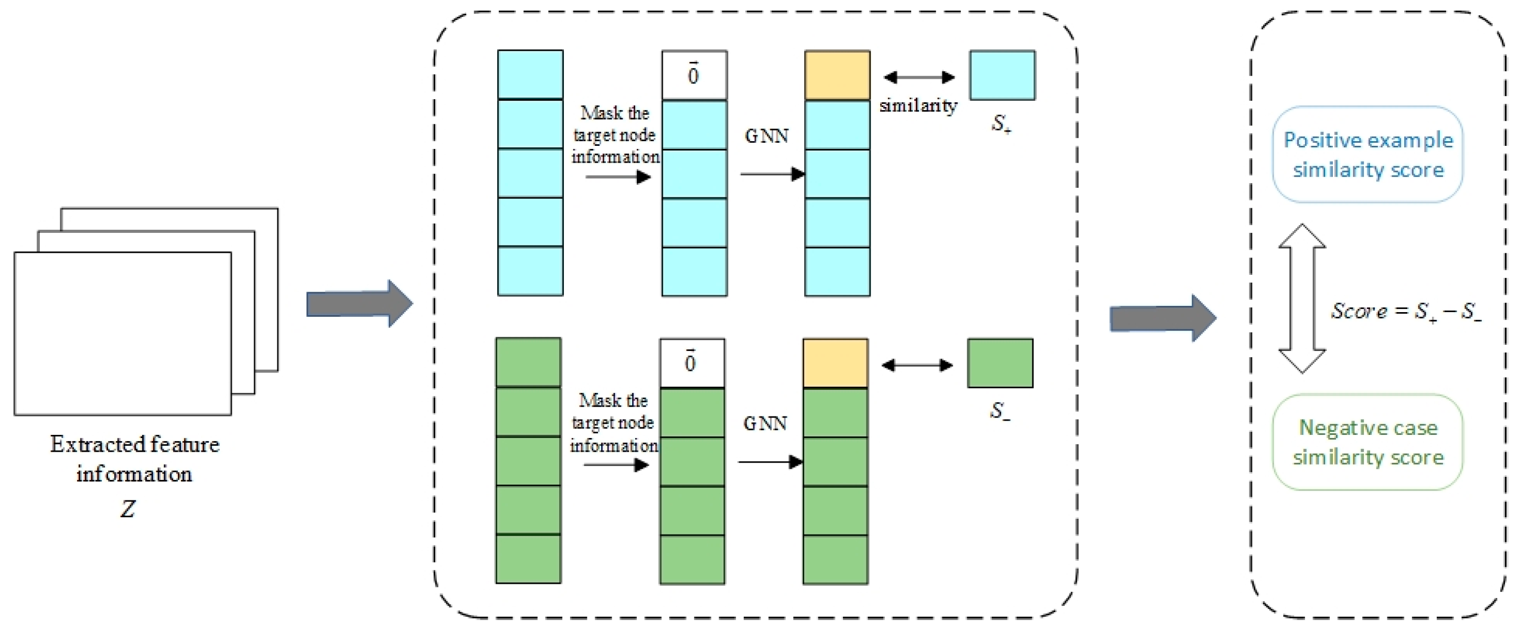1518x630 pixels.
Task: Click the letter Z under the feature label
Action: [x=128, y=508]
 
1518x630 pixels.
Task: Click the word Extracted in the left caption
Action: [x=86, y=444]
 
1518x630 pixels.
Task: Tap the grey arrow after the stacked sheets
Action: [x=359, y=304]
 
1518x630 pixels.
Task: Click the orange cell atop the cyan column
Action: [x=837, y=75]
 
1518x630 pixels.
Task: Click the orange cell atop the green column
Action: [x=835, y=362]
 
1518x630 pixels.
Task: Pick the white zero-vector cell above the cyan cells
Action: [x=693, y=75]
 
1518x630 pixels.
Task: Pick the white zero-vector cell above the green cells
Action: [x=692, y=362]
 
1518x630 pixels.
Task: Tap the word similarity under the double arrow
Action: [x=917, y=106]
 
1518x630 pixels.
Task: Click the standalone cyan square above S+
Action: [x=1002, y=75]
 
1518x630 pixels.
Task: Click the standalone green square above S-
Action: [x=999, y=362]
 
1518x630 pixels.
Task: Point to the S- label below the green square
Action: [x=999, y=411]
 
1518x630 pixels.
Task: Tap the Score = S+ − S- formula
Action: [x=1405, y=311]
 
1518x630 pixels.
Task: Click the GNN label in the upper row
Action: [x=766, y=136]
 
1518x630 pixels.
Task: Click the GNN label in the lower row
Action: [x=764, y=423]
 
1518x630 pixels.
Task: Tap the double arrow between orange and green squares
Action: [x=917, y=366]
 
